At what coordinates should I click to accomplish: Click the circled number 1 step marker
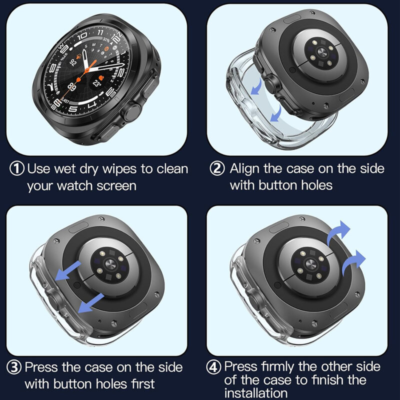[17, 168]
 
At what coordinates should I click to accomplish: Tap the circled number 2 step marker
[217, 168]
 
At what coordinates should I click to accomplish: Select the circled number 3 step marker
[15, 368]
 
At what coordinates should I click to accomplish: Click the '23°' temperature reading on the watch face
[97, 83]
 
